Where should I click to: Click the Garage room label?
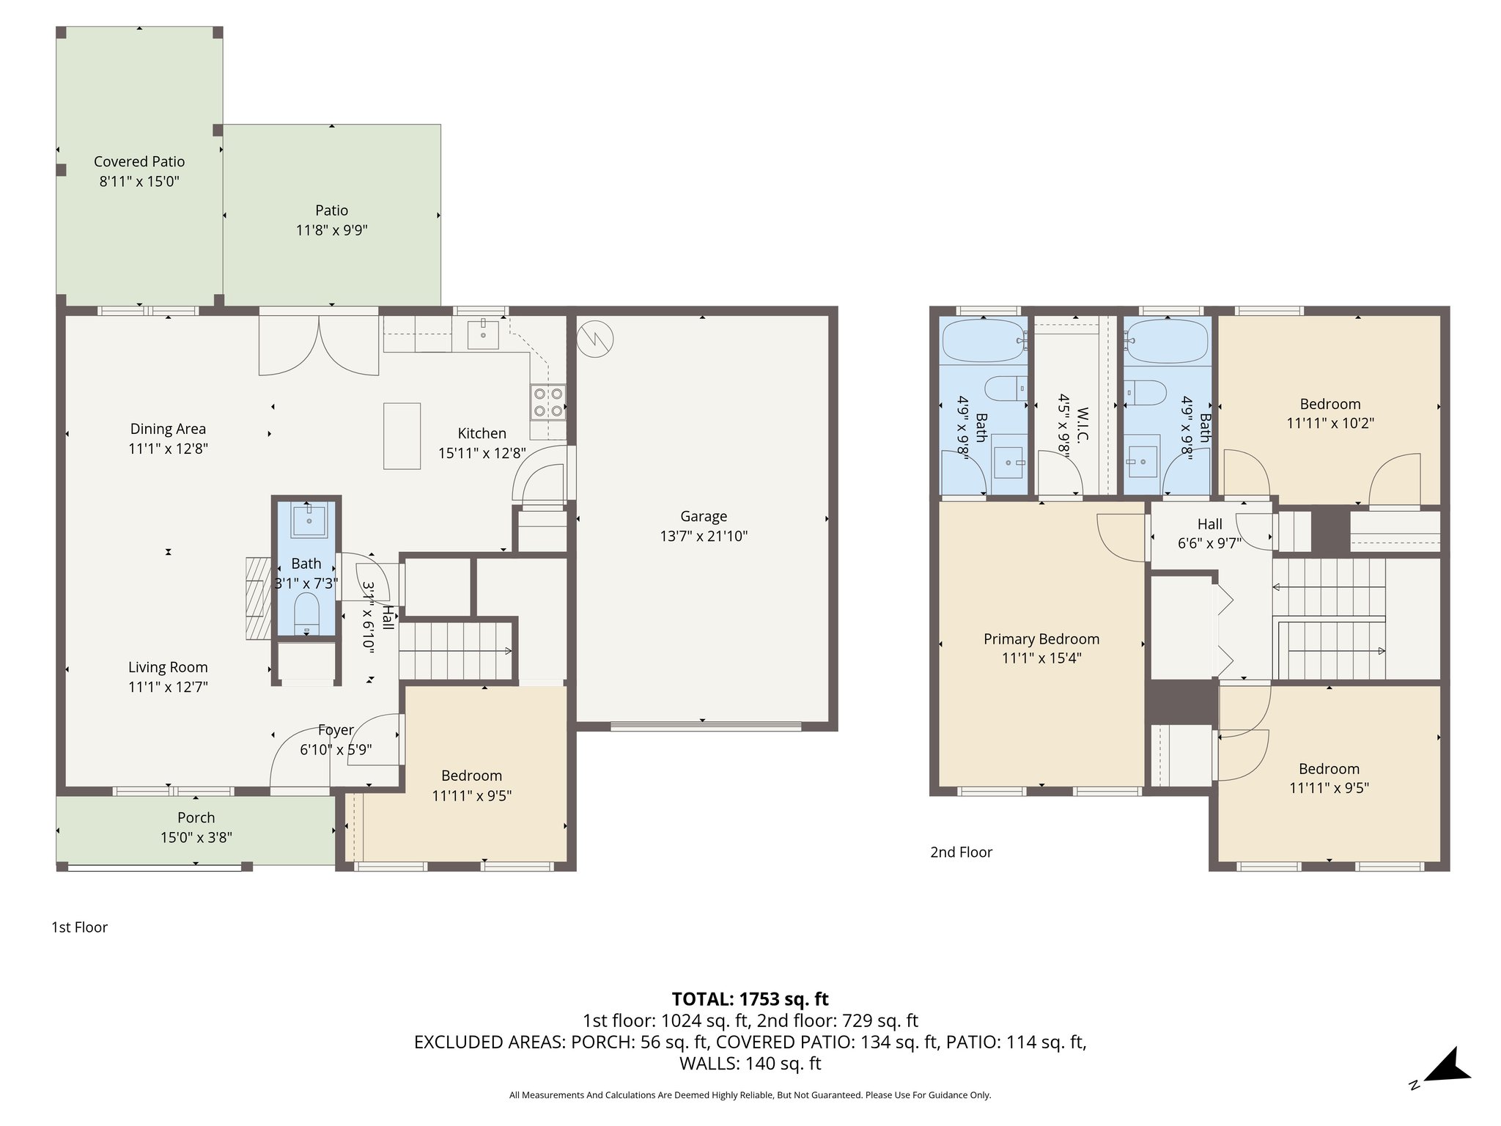[x=703, y=516]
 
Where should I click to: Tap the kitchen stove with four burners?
[x=549, y=402]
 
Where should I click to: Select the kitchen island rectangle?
[x=402, y=435]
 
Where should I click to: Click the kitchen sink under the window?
[x=483, y=335]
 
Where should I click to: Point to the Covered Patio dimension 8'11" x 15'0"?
[x=139, y=181]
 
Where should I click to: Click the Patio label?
[x=331, y=210]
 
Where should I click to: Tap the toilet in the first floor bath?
[x=306, y=611]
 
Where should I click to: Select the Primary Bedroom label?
[x=1041, y=639]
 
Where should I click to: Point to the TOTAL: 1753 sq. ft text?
[x=750, y=998]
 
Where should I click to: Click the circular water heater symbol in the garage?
[x=595, y=339]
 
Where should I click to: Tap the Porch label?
[x=196, y=817]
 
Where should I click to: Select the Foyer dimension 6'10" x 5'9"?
[x=336, y=750]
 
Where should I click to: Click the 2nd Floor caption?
[x=961, y=852]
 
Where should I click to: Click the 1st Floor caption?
[x=79, y=927]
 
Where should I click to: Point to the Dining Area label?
[x=168, y=429]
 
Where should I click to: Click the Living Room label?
[x=168, y=667]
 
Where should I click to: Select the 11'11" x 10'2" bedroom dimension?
[x=1329, y=423]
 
